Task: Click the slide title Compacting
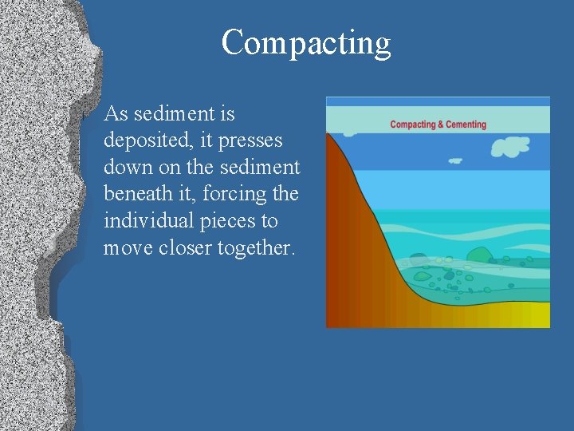(306, 43)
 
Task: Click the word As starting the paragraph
(116, 114)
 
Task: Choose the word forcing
(242, 194)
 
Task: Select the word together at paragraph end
(256, 247)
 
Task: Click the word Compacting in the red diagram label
(413, 125)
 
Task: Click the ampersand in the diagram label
(441, 125)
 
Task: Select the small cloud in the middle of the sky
(455, 160)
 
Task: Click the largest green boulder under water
(479, 255)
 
